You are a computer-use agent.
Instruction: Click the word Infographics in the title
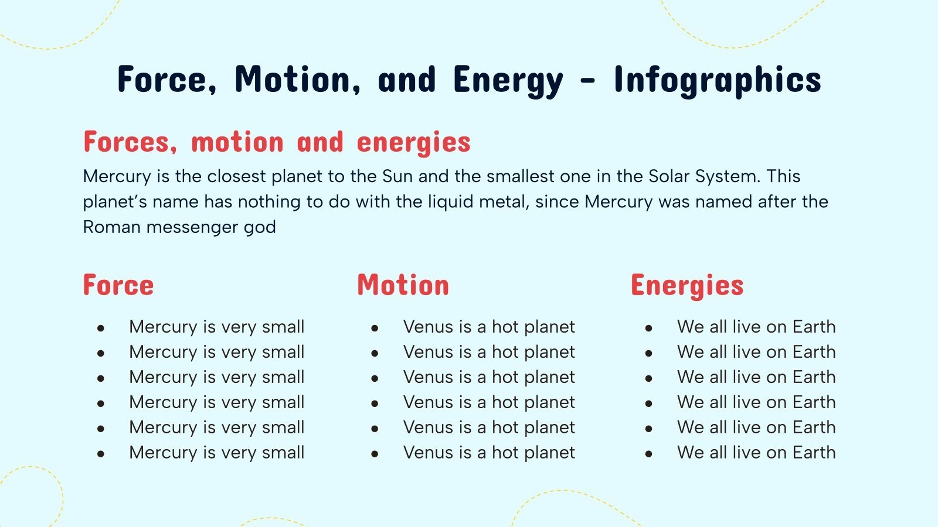pyautogui.click(x=717, y=80)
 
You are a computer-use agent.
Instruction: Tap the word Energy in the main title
pyautogui.click(x=508, y=80)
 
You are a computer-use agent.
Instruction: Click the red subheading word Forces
pyautogui.click(x=130, y=142)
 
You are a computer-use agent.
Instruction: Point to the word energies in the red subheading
pyautogui.click(x=413, y=142)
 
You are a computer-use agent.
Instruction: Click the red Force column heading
pyautogui.click(x=118, y=285)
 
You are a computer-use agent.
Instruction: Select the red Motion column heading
pyautogui.click(x=403, y=285)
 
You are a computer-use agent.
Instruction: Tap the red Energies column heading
pyautogui.click(x=687, y=285)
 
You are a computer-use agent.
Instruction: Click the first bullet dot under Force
pyautogui.click(x=101, y=328)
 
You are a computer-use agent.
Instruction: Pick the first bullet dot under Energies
pyautogui.click(x=648, y=328)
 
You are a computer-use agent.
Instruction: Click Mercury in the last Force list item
pyautogui.click(x=163, y=453)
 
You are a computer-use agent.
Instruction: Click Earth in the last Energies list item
pyautogui.click(x=814, y=453)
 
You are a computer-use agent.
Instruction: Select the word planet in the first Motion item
pyautogui.click(x=549, y=327)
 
